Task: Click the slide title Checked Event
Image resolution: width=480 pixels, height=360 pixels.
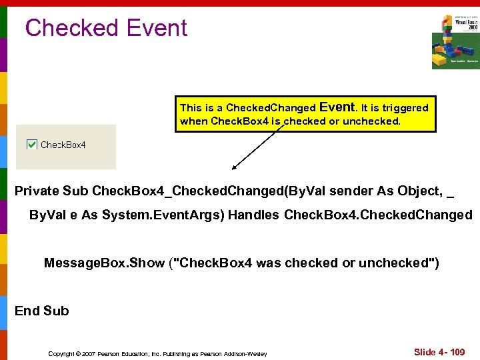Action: coord(106,28)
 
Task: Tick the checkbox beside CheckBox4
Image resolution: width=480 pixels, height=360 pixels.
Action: coord(31,144)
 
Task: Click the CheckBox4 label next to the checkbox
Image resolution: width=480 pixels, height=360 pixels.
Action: coord(63,145)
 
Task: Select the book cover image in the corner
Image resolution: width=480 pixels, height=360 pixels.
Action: coord(455,41)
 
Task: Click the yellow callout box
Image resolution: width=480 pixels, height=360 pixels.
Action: coord(305,114)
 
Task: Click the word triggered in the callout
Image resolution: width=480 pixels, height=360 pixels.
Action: coord(405,107)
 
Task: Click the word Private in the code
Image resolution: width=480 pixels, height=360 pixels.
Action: coord(37,191)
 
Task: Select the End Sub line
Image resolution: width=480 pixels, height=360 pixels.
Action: coord(41,311)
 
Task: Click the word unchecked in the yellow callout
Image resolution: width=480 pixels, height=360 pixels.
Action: coord(369,121)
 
